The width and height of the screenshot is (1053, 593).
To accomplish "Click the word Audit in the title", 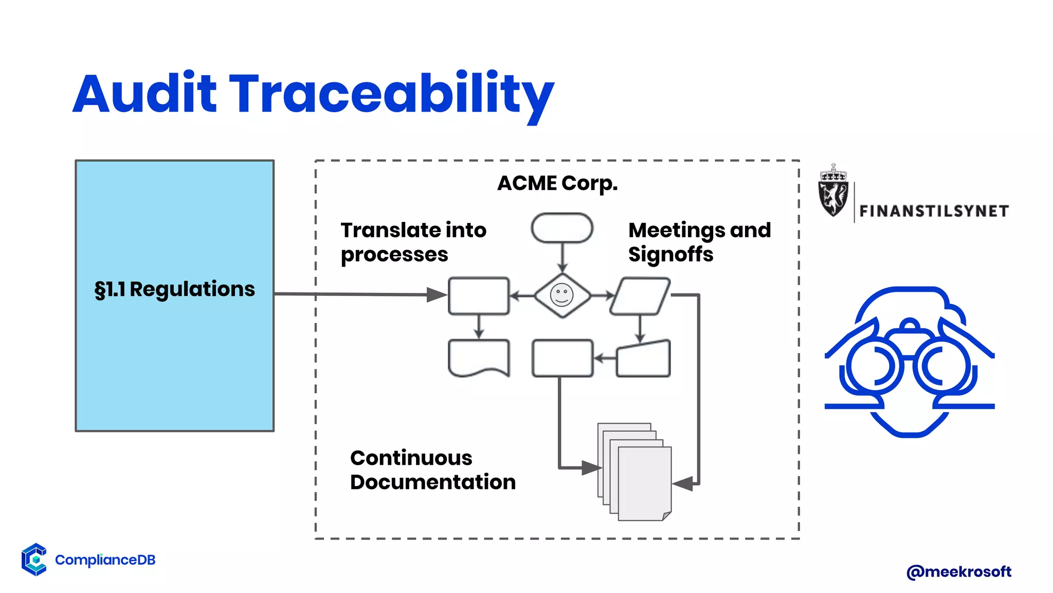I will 145,94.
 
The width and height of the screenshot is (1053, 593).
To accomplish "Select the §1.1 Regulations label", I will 174,289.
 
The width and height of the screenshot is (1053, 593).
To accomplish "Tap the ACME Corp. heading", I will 557,183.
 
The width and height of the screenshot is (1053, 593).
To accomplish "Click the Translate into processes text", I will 413,242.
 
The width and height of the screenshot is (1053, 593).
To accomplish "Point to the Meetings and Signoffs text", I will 699,242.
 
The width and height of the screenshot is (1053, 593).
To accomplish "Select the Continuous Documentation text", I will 432,470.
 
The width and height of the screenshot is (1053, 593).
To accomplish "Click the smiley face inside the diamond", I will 561,295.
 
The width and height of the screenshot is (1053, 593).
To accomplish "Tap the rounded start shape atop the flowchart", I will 562,228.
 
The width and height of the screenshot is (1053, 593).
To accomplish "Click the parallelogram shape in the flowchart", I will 640,296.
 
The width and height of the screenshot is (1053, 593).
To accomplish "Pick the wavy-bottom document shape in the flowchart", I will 479,358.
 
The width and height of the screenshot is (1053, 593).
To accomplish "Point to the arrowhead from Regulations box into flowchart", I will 437,295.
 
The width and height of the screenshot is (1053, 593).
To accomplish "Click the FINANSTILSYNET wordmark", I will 934,211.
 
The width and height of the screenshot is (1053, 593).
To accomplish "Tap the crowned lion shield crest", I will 833,191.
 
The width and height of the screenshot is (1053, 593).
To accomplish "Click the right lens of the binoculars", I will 945,367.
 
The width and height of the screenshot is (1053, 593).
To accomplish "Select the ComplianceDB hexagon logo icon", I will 34,559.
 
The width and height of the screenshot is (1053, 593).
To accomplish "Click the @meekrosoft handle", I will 958,571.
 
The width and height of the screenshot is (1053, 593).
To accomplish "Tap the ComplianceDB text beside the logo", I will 105,560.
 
